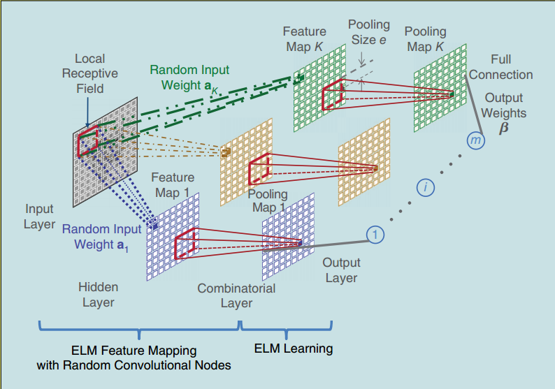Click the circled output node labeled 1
tap(375, 235)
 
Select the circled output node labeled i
tap(426, 187)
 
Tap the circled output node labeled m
tap(477, 141)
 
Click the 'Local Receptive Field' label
tap(90, 73)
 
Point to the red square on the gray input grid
tap(88, 142)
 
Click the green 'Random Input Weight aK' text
tap(189, 78)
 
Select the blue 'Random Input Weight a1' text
tap(102, 236)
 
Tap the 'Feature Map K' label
tap(305, 38)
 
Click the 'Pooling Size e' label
tap(368, 32)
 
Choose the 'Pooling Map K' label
tap(424, 39)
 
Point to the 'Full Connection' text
tap(500, 67)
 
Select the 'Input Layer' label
tap(40, 216)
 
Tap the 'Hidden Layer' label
tap(98, 294)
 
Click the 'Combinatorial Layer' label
tap(236, 295)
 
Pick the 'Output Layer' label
tap(341, 270)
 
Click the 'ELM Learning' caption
tap(293, 348)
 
